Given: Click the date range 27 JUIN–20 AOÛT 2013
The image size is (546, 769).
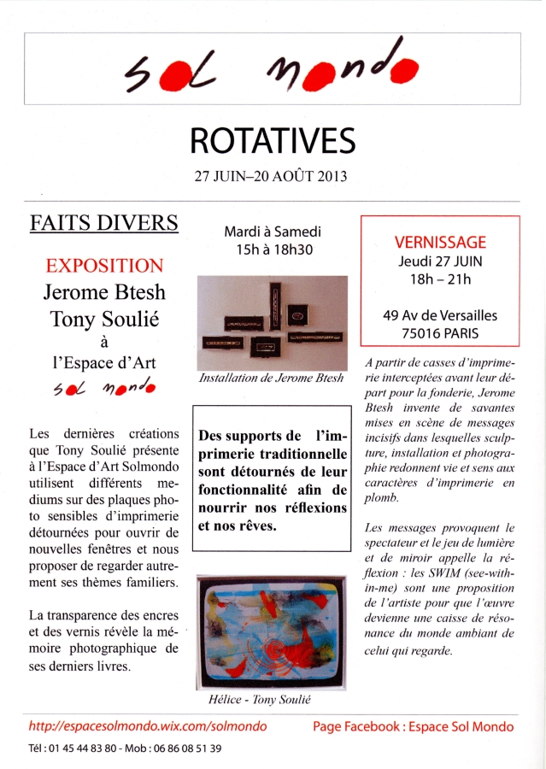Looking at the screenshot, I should pos(272,179).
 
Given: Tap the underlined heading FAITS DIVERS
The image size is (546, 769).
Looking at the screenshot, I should pos(104,224).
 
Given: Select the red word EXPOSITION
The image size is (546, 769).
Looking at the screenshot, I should pos(104,266).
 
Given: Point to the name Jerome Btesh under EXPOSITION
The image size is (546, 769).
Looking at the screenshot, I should pos(104,292).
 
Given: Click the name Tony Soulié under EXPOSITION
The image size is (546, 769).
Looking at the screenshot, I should pos(104,319).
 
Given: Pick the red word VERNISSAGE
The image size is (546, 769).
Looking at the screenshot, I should pos(440,242).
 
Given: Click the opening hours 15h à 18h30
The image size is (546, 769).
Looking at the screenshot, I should pos(272,250).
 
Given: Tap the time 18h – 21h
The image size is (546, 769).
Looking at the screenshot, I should pos(440,279).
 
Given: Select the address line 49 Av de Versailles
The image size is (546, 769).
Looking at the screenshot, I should pos(440,315).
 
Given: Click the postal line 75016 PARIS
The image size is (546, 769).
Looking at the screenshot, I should pos(440,334).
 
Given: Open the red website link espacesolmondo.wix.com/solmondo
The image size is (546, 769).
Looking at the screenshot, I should pos(148,726).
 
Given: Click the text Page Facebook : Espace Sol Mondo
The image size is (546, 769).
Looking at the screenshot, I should pos(414,726).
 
